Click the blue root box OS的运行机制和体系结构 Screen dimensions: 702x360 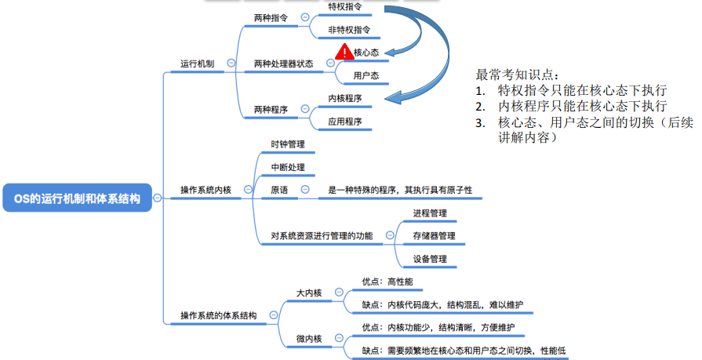tap(78, 198)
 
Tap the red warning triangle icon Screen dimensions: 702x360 tap(344, 52)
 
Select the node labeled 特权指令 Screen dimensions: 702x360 tap(345, 7)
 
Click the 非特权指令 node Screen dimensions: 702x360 tap(349, 30)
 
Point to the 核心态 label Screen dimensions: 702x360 tap(366, 53)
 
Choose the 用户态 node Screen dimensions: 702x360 tap(366, 75)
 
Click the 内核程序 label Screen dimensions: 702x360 tap(345, 98)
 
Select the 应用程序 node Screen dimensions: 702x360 tap(345, 122)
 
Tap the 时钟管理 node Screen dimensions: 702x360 tap(288, 144)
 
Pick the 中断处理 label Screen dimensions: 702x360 tap(288, 167)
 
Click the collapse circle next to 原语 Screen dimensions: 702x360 tap(305, 189)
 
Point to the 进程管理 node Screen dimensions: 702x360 tap(430, 213)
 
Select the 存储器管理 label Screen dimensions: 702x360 tap(435, 236)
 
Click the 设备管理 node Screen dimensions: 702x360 tap(430, 259)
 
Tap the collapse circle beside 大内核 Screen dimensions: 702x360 tap(340, 293)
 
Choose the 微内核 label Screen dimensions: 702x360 tap(309, 339)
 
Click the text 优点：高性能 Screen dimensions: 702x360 tap(387, 282)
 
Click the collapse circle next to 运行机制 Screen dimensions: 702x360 tap(231, 63)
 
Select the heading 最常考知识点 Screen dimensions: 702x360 tap(517, 75)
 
